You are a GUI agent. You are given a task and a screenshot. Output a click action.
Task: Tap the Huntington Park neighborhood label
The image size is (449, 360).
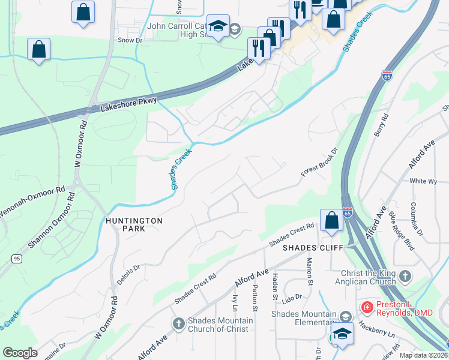134,224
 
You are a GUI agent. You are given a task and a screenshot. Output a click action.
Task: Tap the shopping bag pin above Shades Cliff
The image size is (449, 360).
331,220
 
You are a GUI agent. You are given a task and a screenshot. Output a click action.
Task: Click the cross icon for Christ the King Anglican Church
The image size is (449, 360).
405,277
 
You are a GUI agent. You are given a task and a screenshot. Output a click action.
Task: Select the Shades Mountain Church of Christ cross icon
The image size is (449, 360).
178,324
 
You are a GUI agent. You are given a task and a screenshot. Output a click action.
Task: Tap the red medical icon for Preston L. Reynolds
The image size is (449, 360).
366,307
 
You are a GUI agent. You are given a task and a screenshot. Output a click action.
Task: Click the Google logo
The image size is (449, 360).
20,353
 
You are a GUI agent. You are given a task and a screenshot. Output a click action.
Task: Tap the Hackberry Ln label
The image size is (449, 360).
378,331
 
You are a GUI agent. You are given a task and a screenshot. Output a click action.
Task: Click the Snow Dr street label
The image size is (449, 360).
130,40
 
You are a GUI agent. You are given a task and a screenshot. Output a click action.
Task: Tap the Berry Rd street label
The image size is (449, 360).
378,126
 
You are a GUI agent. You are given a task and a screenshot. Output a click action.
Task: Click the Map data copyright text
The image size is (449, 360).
424,355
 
